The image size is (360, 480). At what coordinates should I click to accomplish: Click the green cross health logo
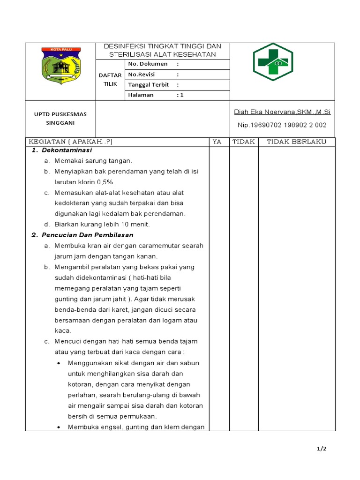tap(273, 62)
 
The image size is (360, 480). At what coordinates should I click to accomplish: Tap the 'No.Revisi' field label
tap(142, 75)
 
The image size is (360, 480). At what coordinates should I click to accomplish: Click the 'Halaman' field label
tap(141, 95)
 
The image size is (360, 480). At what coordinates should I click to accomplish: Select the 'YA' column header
tap(217, 142)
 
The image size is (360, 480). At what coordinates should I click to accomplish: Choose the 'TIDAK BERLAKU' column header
tap(296, 142)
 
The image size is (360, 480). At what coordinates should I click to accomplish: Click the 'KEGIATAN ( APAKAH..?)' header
tap(71, 142)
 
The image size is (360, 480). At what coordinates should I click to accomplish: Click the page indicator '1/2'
tap(321, 449)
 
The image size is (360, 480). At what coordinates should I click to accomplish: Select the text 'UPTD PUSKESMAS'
tap(60, 114)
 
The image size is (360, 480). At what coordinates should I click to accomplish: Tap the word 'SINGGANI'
tap(60, 123)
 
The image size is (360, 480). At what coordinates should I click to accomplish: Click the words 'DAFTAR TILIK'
tap(111, 80)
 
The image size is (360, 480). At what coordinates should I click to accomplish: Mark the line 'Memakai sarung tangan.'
tap(93, 161)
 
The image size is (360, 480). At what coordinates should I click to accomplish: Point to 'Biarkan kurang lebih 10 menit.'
tap(102, 224)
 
